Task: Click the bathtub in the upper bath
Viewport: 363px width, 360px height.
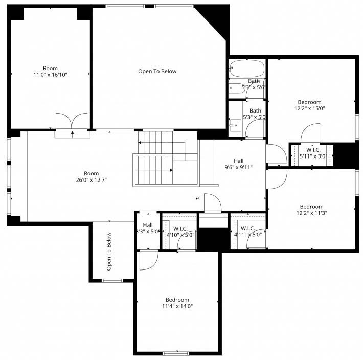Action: click(x=247, y=69)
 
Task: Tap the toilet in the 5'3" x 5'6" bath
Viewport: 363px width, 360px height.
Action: click(x=237, y=88)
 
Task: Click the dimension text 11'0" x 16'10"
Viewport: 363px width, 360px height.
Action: click(x=50, y=75)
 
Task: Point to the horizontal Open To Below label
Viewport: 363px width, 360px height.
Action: click(x=157, y=71)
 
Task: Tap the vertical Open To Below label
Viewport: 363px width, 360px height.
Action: click(x=109, y=252)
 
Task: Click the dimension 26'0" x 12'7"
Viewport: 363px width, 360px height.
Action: click(x=91, y=180)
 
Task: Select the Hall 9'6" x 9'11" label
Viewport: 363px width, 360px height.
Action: click(x=238, y=164)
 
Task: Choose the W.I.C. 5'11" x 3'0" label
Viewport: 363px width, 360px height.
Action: click(x=313, y=153)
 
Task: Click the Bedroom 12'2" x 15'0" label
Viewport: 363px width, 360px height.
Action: click(x=309, y=105)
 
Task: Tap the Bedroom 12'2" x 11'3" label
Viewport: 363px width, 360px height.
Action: click(x=311, y=210)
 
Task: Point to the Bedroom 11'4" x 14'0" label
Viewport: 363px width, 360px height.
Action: click(x=177, y=303)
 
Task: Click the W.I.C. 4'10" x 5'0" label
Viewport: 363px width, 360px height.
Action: click(x=180, y=232)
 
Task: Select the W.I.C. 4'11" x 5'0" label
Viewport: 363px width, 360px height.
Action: click(x=248, y=232)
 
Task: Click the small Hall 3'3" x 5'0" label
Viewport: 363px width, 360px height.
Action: click(x=148, y=228)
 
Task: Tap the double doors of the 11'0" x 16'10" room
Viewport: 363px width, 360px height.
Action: click(x=72, y=121)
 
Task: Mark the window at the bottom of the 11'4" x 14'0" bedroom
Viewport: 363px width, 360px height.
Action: click(x=176, y=353)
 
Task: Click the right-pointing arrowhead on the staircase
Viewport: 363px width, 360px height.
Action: click(x=171, y=170)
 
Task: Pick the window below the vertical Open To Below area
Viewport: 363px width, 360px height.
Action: click(x=112, y=281)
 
